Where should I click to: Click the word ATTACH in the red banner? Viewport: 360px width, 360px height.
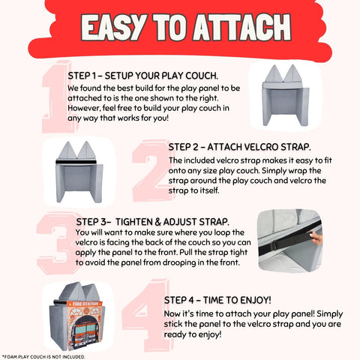(x=242, y=27)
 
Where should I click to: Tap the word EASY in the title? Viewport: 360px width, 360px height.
(x=114, y=27)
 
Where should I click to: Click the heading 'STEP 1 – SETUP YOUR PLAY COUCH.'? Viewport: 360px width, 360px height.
(x=143, y=76)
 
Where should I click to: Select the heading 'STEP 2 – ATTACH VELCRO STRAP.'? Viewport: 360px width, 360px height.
(x=239, y=147)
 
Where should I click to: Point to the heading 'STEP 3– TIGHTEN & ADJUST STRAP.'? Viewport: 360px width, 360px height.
(x=153, y=222)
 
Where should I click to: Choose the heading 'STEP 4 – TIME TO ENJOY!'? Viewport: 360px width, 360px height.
(x=217, y=300)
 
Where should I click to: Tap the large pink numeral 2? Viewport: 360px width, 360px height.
(x=151, y=171)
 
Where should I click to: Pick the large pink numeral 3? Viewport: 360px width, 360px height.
(x=58, y=243)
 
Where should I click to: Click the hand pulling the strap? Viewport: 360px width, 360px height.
(x=316, y=238)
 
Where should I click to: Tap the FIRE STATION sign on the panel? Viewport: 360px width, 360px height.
(x=85, y=304)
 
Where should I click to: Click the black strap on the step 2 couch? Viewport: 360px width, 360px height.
(x=76, y=162)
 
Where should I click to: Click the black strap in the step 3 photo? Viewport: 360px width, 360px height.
(x=287, y=240)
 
